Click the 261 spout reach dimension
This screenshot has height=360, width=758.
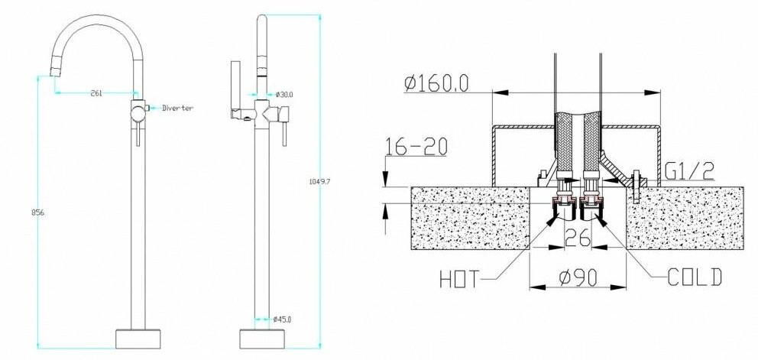(96, 93)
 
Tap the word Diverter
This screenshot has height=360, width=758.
(177, 109)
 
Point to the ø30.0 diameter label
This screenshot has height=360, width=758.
(285, 95)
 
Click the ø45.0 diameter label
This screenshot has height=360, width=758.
(284, 319)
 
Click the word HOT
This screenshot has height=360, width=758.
(460, 279)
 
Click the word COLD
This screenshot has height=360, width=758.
(693, 277)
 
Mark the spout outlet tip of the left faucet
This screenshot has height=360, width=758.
(53, 72)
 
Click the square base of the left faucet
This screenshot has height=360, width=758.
(138, 338)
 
